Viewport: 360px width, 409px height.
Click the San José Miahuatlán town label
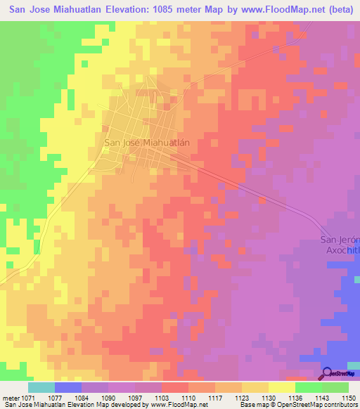(x=147, y=142)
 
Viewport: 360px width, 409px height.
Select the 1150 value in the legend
(x=341, y=398)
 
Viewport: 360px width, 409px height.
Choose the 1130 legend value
(x=261, y=398)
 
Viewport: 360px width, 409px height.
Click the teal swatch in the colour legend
(x=41, y=387)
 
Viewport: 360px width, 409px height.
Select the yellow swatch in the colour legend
(x=281, y=387)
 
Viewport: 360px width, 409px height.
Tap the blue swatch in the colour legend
(x=68, y=387)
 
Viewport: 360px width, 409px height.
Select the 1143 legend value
(x=314, y=398)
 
